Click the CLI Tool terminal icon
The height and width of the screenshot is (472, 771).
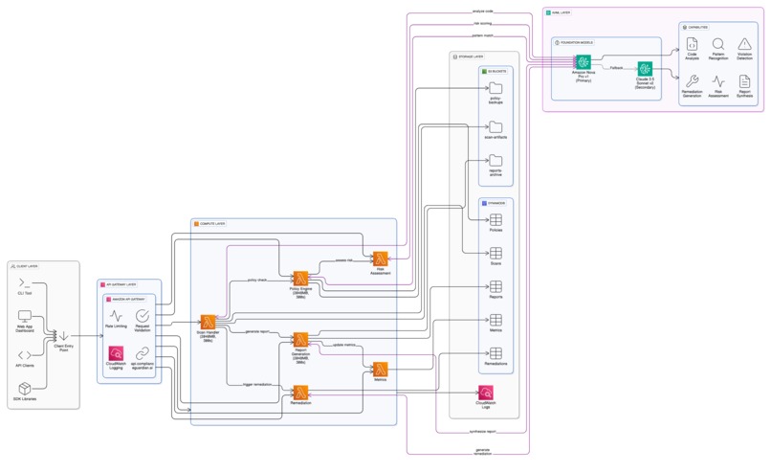(26, 284)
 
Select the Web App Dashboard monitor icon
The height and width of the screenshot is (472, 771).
(26, 317)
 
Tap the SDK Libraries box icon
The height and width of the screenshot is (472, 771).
(26, 388)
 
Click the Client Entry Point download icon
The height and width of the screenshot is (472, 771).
(64, 335)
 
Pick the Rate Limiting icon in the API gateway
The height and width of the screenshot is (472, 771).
(117, 315)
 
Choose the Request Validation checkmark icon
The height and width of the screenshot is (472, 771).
(143, 315)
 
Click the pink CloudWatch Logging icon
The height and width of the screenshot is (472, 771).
(117, 353)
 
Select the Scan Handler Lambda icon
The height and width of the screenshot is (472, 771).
(208, 323)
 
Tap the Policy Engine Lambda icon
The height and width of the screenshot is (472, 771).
(300, 278)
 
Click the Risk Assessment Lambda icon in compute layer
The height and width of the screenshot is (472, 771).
(380, 259)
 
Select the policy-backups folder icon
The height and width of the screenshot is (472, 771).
(496, 88)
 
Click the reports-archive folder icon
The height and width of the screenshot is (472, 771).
(496, 160)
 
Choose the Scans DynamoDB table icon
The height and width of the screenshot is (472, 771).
(496, 254)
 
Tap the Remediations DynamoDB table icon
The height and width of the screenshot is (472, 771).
(496, 353)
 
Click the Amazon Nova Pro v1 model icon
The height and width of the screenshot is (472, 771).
(584, 63)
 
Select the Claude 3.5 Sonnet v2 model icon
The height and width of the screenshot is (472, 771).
(645, 69)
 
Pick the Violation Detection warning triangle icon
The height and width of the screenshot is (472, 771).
(744, 43)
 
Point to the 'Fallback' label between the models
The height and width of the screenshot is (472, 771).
(615, 68)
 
